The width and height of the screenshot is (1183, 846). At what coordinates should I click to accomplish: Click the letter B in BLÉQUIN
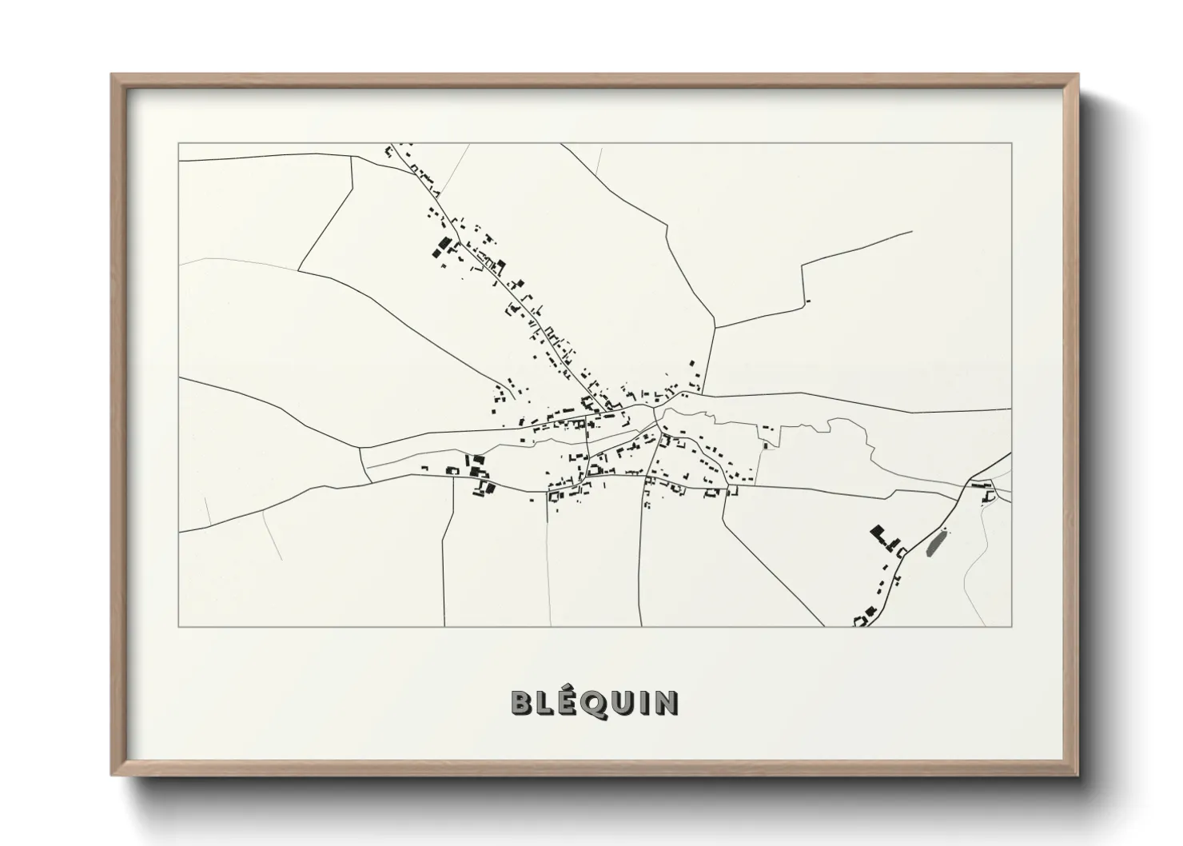(x=522, y=703)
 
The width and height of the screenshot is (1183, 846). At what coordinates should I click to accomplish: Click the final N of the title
(x=667, y=703)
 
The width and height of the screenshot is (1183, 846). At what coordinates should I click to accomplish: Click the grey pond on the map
(x=934, y=544)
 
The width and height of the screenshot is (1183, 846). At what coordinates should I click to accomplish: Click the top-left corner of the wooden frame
(x=112, y=75)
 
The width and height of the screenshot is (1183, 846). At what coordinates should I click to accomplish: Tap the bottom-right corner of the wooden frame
(x=1077, y=775)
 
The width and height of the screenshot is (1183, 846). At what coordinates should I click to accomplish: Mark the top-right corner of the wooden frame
(x=1077, y=75)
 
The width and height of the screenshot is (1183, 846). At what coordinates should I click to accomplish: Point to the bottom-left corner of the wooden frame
(x=112, y=775)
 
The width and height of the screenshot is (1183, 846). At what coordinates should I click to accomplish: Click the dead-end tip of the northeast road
(x=912, y=232)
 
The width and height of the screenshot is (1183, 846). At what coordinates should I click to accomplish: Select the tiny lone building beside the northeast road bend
(x=809, y=301)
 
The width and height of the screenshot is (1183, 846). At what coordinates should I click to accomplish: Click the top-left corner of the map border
(x=178, y=143)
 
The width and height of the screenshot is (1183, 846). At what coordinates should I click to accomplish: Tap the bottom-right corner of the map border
(x=1012, y=627)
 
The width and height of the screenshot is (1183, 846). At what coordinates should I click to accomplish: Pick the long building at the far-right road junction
(x=981, y=485)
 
